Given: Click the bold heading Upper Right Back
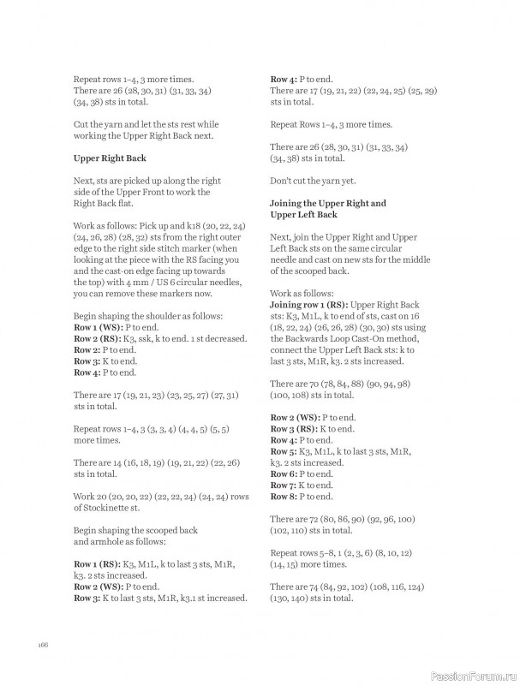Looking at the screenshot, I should pos(110,158).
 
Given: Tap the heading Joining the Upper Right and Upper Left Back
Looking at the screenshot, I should pos(327,209).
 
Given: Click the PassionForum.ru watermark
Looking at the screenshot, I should pos(474,674).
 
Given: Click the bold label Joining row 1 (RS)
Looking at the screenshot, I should pos(309,328).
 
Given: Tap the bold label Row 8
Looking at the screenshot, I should pos(285,496).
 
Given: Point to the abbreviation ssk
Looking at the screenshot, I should pos(152,339).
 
